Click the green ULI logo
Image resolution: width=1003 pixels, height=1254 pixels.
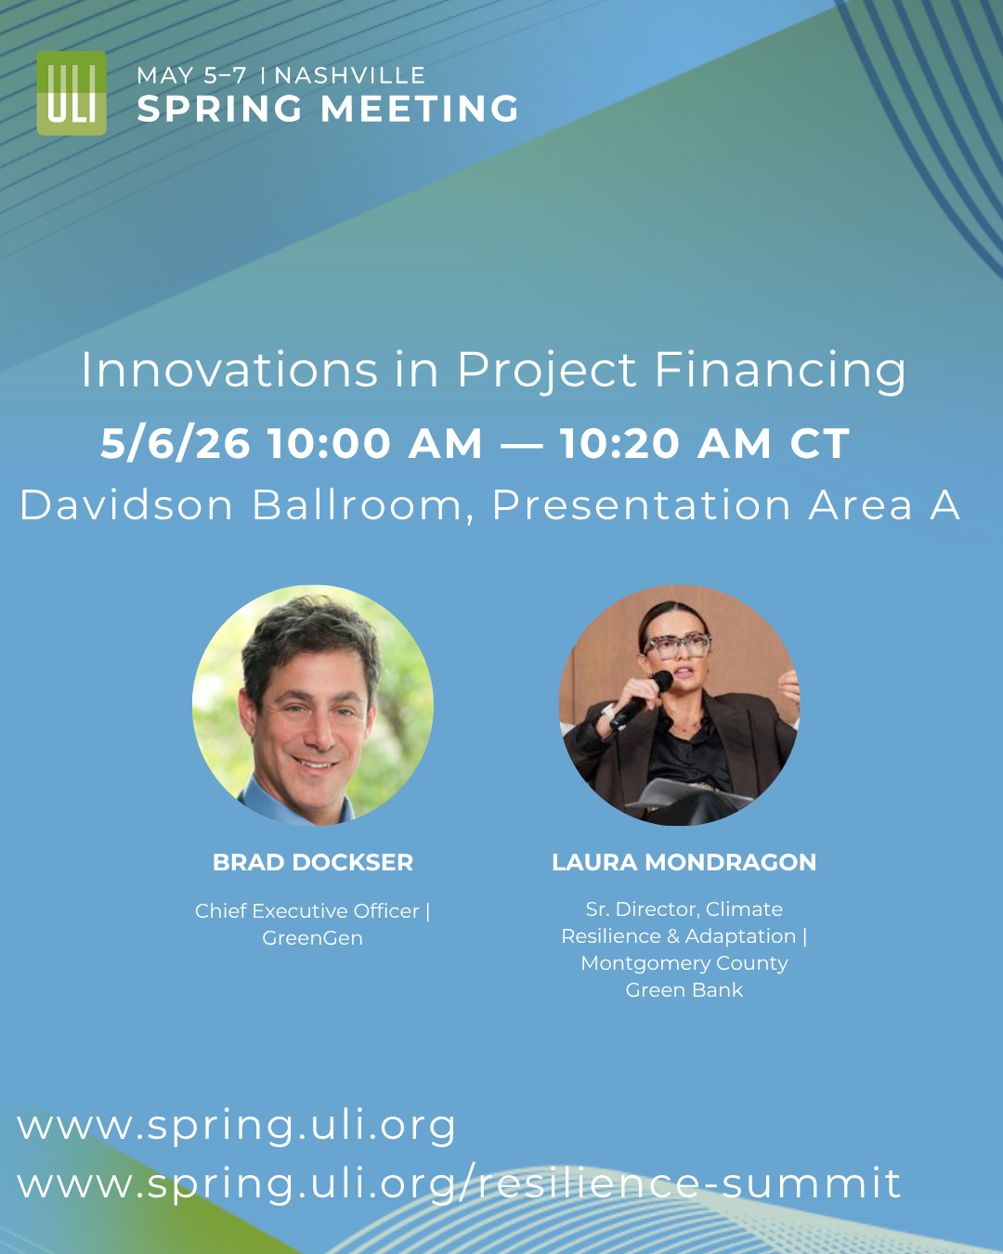click(x=72, y=93)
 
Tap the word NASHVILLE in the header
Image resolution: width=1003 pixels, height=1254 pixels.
click(x=350, y=76)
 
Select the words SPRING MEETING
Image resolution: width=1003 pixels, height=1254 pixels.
click(x=328, y=109)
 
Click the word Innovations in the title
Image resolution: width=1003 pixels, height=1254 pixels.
click(x=229, y=370)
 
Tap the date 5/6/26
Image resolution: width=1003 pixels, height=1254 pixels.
click(x=176, y=443)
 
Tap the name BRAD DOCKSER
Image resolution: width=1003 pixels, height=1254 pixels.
click(x=313, y=862)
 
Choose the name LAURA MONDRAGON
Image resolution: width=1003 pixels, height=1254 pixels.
click(x=684, y=862)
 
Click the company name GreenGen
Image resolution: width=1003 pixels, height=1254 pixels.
click(x=312, y=938)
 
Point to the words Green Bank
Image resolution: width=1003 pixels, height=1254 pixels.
click(x=684, y=990)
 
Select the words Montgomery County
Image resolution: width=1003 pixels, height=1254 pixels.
click(x=684, y=963)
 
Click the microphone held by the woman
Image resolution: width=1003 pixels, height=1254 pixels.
click(x=642, y=699)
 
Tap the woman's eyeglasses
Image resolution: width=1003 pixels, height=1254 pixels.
click(x=676, y=646)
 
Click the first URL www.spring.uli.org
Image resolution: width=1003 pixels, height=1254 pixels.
click(x=236, y=1126)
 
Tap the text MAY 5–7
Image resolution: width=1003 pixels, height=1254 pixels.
click(x=191, y=76)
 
